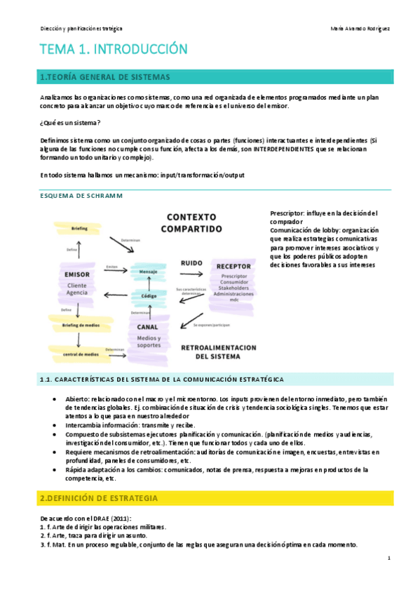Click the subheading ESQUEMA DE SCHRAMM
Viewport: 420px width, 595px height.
pyautogui.click(x=81, y=196)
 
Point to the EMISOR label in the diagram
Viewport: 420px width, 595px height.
pyautogui.click(x=76, y=274)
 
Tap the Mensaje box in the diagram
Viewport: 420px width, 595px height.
pyautogui.click(x=147, y=270)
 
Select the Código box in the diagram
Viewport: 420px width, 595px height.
pyautogui.click(x=148, y=296)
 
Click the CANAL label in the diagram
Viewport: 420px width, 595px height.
pyautogui.click(x=147, y=326)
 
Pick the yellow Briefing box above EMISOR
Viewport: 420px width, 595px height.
pyautogui.click(x=80, y=228)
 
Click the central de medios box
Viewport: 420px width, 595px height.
pyautogui.click(x=79, y=354)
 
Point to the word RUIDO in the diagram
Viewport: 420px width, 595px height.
pyautogui.click(x=191, y=263)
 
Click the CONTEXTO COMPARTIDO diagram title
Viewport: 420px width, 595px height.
pyautogui.click(x=191, y=223)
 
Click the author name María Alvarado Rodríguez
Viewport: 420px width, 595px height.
pyautogui.click(x=359, y=28)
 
